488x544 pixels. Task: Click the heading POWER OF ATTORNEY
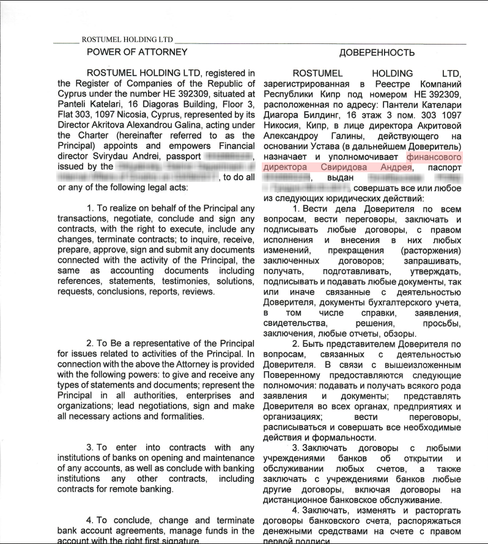pyautogui.click(x=137, y=52)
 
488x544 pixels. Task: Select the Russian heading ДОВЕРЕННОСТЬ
pyautogui.click(x=377, y=53)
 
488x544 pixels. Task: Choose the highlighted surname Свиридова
pyautogui.click(x=352, y=167)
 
